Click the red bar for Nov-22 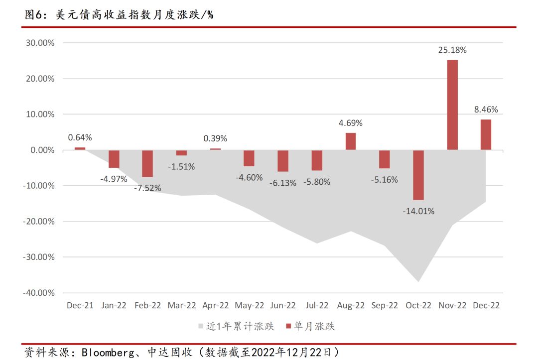pos(452,105)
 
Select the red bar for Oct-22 pos(418,175)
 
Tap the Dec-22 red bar pos(486,134)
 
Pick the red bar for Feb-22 pos(147,163)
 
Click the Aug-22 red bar pos(351,141)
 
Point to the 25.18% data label pos(452,50)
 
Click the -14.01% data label pos(418,211)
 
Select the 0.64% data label pos(80,137)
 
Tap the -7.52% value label pos(147,189)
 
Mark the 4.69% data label pos(351,123)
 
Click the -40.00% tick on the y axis pos(38,293)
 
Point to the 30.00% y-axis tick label pos(40,43)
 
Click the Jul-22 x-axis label pos(317,306)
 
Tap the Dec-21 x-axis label pos(80,306)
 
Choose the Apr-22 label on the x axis pos(215,306)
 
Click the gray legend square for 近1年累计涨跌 pos(201,327)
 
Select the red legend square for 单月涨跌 pos(288,327)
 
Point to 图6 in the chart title pos(33,15)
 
